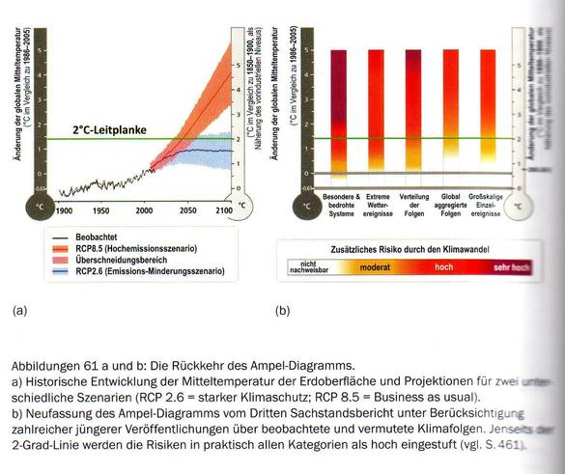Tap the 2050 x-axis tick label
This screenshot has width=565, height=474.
coord(188,210)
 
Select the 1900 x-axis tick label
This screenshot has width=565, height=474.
coord(65,210)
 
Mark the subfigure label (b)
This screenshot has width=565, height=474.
coord(282,311)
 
